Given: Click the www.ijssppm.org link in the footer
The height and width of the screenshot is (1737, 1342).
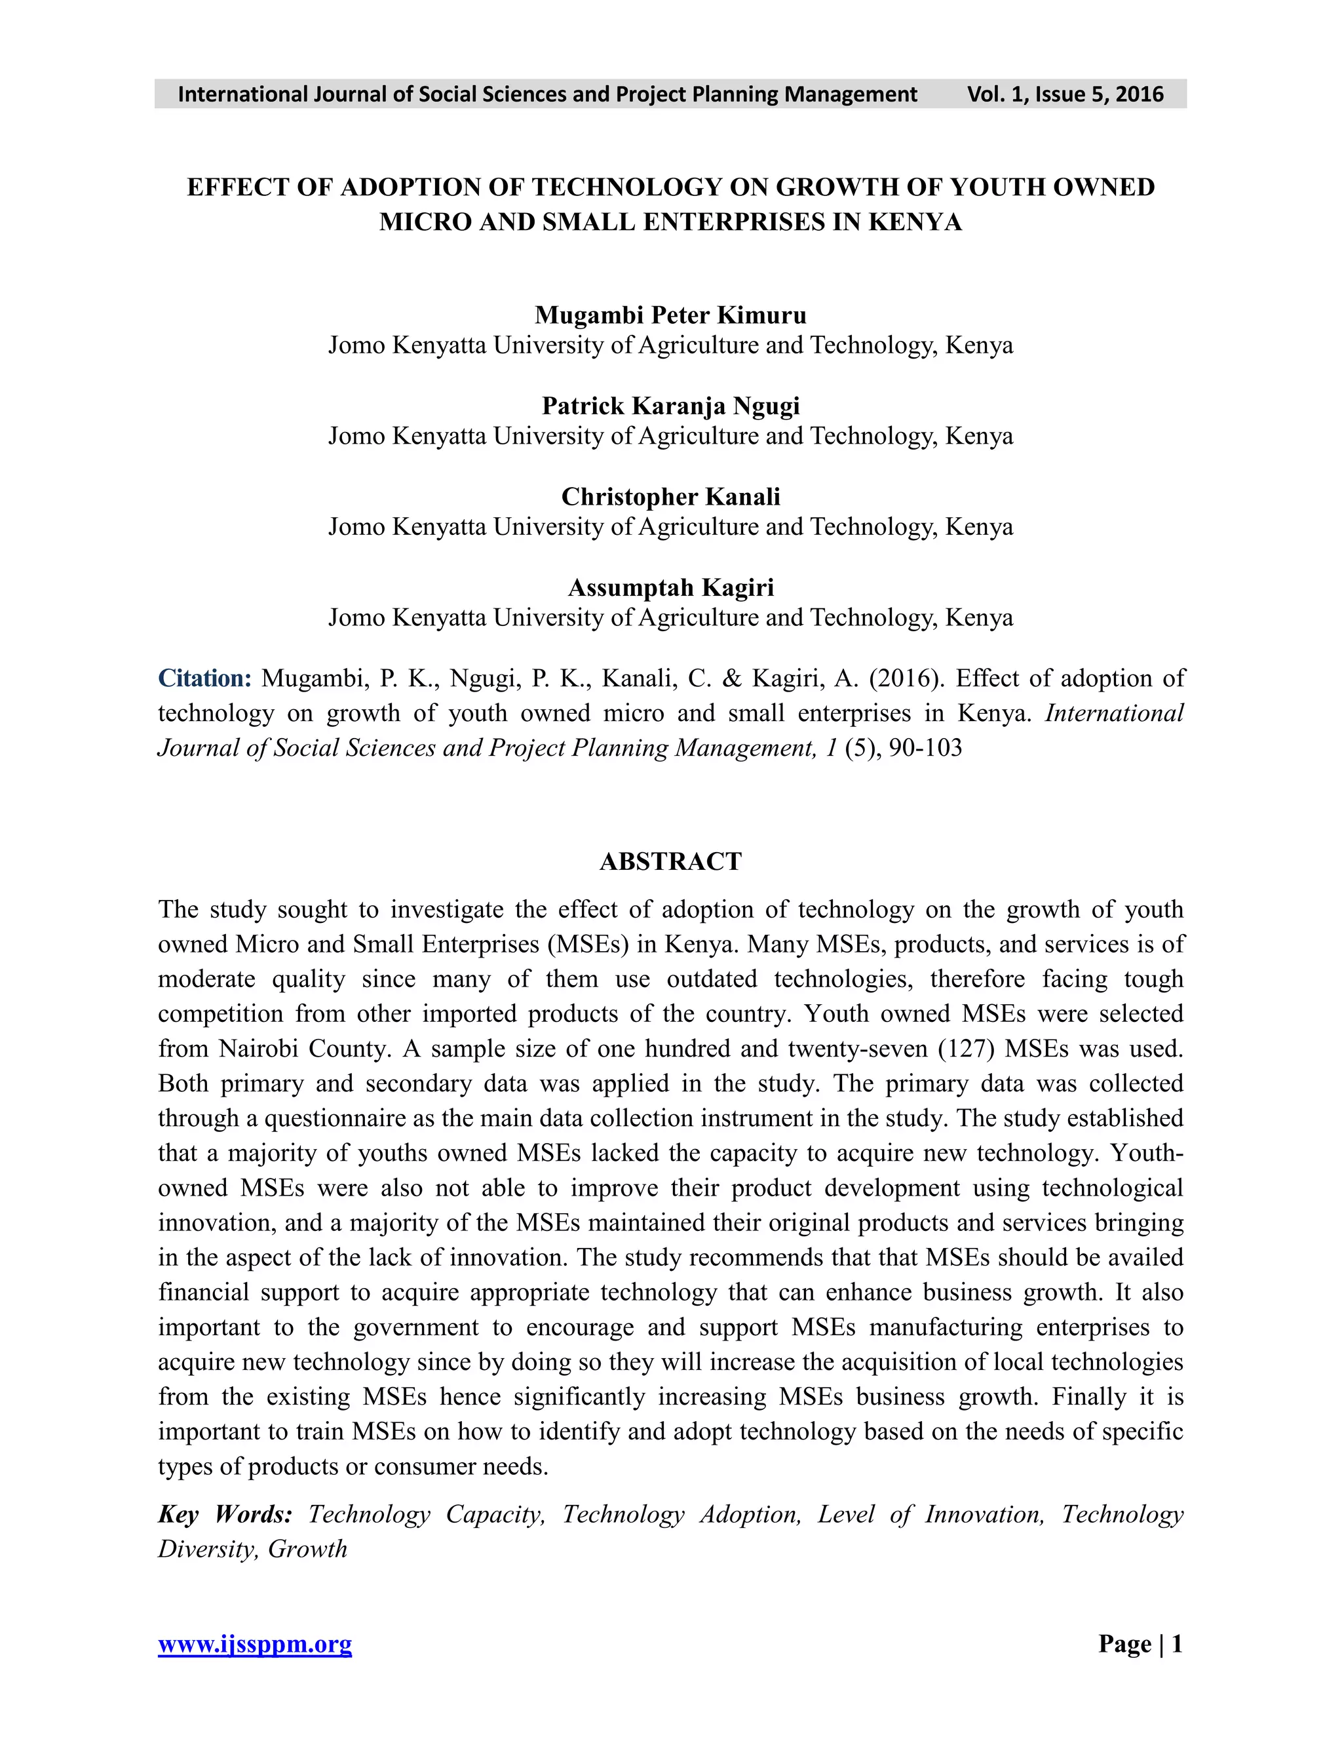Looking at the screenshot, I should [x=254, y=1644].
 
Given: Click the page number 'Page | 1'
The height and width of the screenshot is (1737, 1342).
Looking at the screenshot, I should [x=1140, y=1643].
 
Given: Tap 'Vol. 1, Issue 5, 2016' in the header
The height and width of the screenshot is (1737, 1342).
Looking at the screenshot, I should [x=1065, y=94].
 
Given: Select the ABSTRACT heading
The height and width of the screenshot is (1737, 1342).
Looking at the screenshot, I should [x=670, y=861].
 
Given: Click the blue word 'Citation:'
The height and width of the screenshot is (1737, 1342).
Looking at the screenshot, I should [x=204, y=678].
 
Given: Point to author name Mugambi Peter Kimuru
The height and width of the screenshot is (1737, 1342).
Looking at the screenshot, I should [x=670, y=315].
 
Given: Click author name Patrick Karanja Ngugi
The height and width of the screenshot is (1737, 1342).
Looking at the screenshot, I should [x=670, y=406].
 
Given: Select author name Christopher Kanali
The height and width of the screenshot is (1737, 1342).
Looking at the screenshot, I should [x=670, y=496].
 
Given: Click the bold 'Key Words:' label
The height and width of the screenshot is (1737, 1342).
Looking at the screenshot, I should [x=225, y=1514].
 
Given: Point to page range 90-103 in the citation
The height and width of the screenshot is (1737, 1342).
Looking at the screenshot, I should [x=925, y=749].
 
